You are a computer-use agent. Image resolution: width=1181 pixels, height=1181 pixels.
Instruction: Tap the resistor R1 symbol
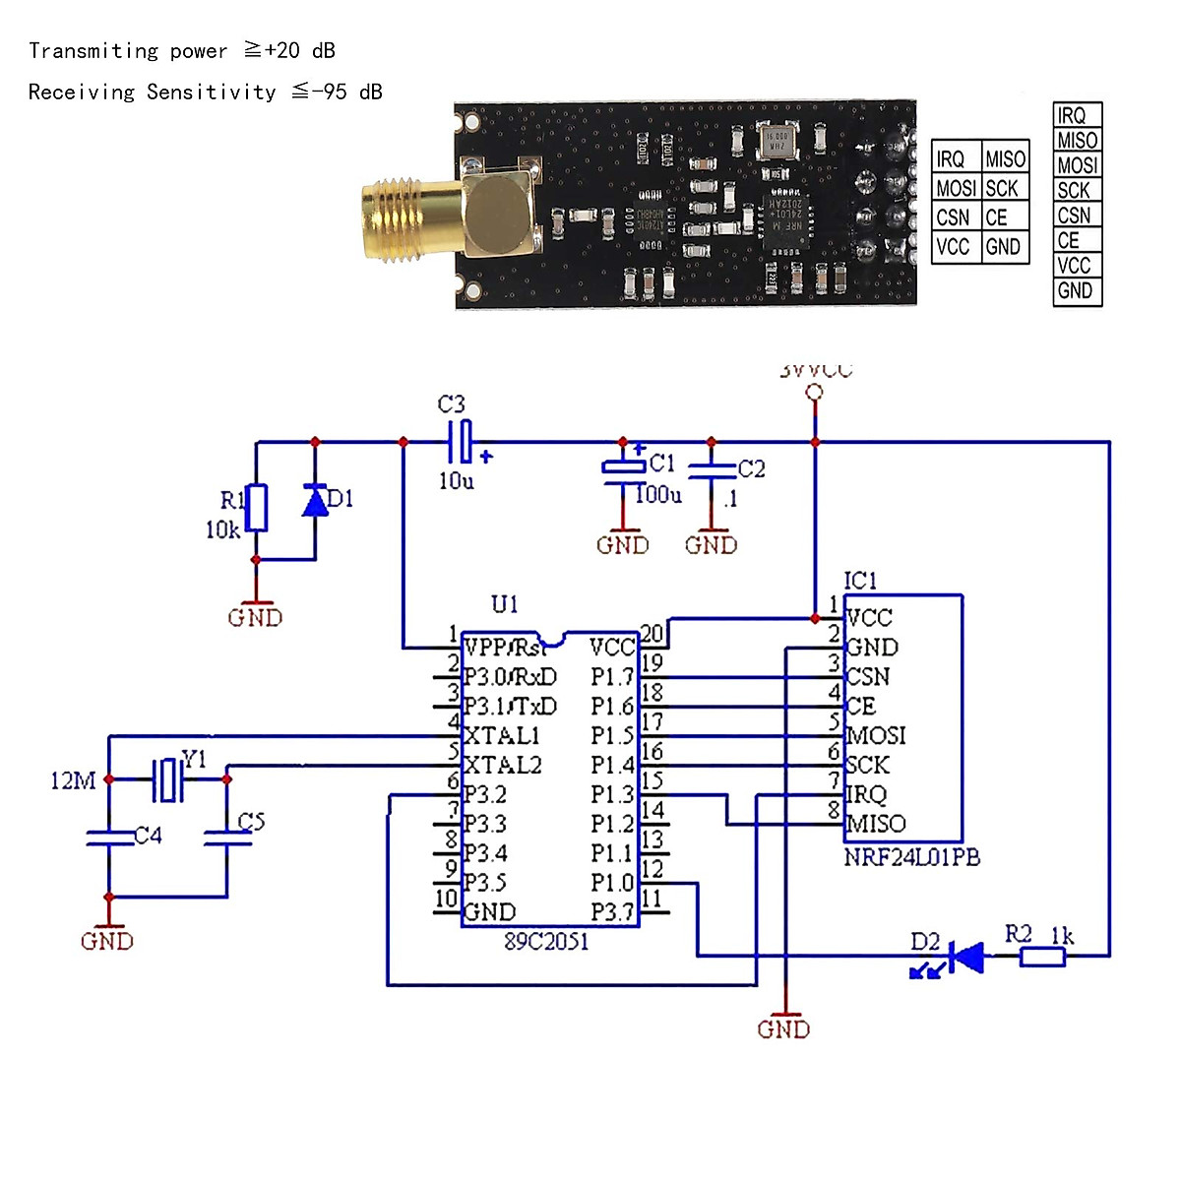pos(256,508)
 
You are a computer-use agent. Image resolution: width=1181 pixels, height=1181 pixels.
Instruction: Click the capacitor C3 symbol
pos(461,442)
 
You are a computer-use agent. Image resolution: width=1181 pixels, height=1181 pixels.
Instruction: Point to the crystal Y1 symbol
pos(168,779)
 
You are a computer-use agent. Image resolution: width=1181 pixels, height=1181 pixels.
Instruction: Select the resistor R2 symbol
pos(1041,956)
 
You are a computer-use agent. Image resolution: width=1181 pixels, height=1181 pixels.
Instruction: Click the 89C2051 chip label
pos(546,942)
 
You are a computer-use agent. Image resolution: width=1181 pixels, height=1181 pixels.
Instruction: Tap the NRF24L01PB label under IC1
pos(911,857)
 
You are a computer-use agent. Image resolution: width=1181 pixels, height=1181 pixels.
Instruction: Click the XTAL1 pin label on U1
pos(502,736)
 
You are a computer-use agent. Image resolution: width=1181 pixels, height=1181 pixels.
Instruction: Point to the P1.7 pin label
pos(612,677)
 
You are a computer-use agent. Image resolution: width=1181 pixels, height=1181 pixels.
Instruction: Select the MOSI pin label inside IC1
pos(876,736)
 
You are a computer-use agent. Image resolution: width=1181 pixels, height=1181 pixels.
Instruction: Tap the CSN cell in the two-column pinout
pos(953,218)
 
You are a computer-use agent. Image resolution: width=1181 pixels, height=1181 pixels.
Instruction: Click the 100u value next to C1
pos(658,494)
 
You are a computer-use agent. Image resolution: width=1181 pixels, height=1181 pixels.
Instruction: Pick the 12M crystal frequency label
pos(73,781)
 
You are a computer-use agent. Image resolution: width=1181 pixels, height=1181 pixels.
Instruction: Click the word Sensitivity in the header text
pos(212,93)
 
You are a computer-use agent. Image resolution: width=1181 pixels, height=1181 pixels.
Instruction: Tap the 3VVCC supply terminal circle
pos(814,393)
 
